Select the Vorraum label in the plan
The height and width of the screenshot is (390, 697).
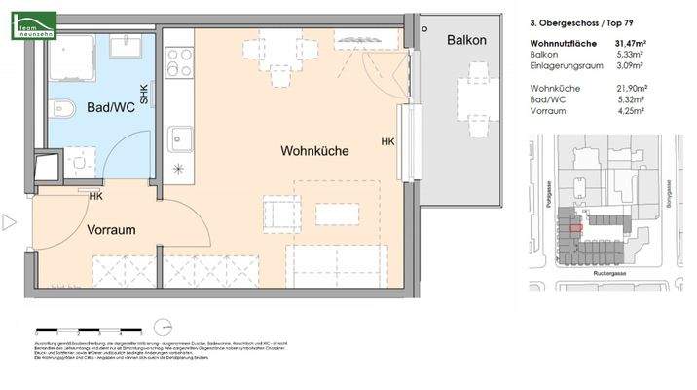point(111,230)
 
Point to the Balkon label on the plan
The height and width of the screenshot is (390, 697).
point(465,40)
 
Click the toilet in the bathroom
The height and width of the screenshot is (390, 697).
point(60,106)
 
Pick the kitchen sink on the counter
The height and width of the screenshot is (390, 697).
point(179,140)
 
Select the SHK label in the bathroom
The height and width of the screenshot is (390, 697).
point(144,94)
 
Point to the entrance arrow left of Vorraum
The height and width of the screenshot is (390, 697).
point(10,222)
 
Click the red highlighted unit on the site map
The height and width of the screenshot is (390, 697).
point(576,226)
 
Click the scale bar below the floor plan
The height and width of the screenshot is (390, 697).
point(102,330)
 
